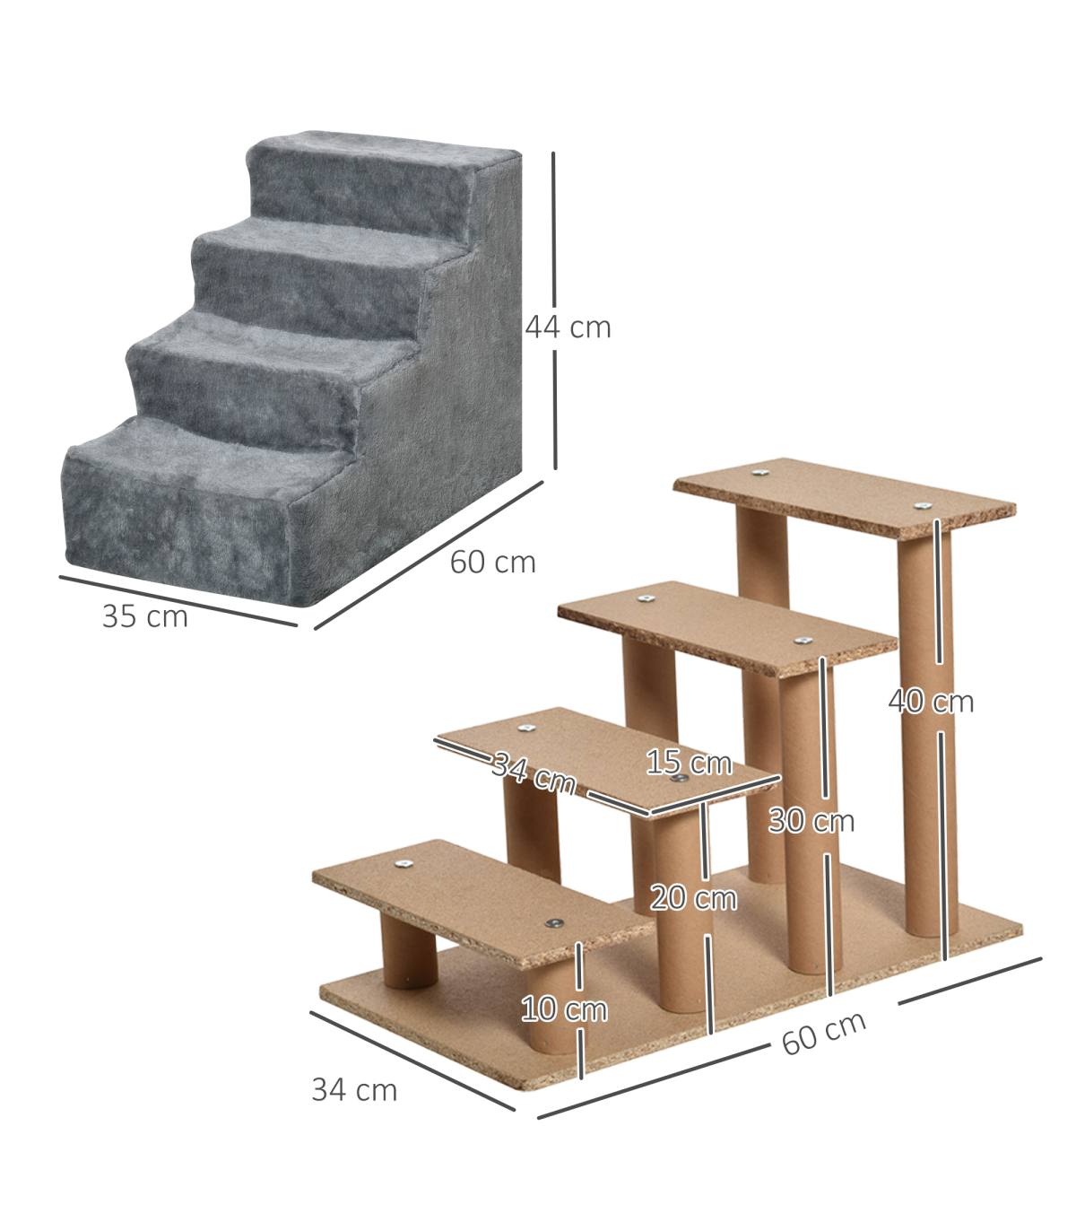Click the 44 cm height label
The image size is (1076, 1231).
[x=568, y=327]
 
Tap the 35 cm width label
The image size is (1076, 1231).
[x=145, y=616]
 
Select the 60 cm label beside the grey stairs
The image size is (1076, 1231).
[x=493, y=562]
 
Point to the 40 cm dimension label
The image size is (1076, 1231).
[x=931, y=701]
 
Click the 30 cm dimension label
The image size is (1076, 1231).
[x=811, y=821]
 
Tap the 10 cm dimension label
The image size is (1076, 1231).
[x=564, y=1009]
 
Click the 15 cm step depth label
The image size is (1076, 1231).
[x=689, y=763]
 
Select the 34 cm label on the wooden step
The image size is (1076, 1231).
[x=534, y=774]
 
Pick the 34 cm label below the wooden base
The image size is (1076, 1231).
[x=355, y=1090]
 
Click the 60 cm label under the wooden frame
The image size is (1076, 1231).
[x=824, y=1033]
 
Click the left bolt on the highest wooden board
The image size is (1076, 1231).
[x=760, y=473]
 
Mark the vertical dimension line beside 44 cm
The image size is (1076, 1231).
[x=554, y=310]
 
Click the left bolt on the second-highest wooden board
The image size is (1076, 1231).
[x=646, y=598]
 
